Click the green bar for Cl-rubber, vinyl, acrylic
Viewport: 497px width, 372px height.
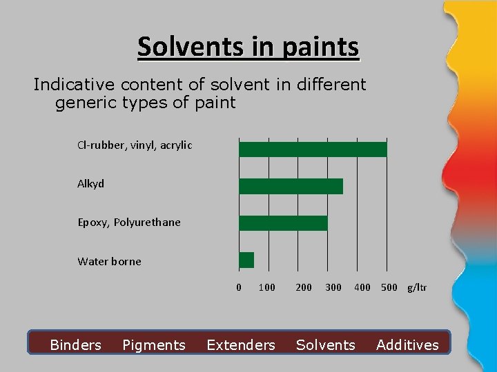point(313,149)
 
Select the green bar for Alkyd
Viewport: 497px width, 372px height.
point(291,186)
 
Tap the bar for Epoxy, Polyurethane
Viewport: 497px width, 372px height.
point(283,223)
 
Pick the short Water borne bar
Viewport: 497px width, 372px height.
point(246,260)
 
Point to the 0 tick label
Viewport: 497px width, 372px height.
point(239,287)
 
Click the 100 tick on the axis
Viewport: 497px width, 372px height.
point(266,287)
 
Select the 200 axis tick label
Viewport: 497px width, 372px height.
point(304,287)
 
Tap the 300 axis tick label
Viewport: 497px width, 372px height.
point(333,287)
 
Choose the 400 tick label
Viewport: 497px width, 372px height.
point(362,287)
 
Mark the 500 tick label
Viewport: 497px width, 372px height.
point(389,287)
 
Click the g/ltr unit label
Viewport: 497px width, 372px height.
point(417,287)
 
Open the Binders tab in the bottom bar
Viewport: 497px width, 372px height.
point(75,345)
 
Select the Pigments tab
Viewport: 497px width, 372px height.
point(154,345)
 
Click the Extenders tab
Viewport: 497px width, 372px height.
point(241,345)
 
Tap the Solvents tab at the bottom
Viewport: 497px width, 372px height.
point(326,345)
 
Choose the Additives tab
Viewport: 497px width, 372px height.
point(407,345)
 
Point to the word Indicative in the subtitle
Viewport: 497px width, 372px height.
point(74,85)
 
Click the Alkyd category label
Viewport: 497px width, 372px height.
point(90,184)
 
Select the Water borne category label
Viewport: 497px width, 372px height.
point(109,261)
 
